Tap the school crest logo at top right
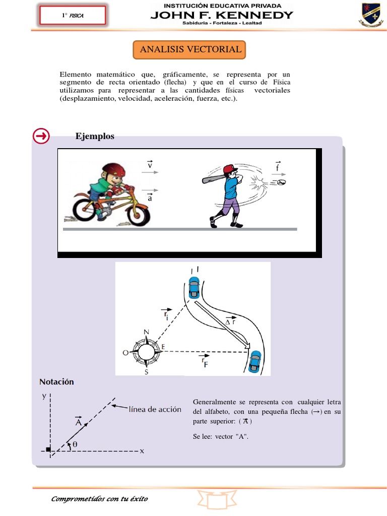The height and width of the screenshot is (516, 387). click(x=370, y=15)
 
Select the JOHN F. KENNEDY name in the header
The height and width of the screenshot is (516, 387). click(x=222, y=15)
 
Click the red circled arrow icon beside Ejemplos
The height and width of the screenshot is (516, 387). click(x=41, y=136)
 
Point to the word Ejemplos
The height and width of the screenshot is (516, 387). click(x=95, y=136)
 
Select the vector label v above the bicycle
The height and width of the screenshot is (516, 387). click(x=150, y=164)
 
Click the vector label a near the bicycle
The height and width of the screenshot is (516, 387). click(x=150, y=197)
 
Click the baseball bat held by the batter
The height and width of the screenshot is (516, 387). click(x=214, y=176)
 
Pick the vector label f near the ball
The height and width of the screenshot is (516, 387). click(x=278, y=166)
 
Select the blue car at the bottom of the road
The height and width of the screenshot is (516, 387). click(x=256, y=361)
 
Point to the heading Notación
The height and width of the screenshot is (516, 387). click(x=56, y=382)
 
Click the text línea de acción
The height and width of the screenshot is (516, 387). click(x=155, y=410)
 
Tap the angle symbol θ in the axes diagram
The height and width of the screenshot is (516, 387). click(x=75, y=444)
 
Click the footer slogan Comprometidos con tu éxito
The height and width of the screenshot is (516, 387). click(x=100, y=499)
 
